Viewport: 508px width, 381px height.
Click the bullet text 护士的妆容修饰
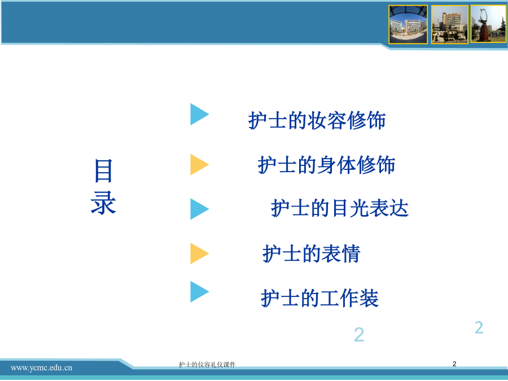click(x=317, y=121)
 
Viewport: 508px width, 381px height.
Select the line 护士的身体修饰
click(x=326, y=165)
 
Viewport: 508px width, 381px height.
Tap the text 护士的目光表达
click(x=340, y=208)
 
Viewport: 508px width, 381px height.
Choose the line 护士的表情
click(x=312, y=253)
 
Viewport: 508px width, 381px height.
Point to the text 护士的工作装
click(x=320, y=298)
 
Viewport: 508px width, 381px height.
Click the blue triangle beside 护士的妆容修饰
click(x=199, y=115)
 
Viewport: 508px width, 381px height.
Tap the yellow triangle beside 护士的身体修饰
click(x=199, y=165)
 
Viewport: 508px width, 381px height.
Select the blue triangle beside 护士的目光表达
click(x=199, y=209)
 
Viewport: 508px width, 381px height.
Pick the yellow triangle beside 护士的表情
click(x=199, y=253)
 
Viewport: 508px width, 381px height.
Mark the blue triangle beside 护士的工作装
click(x=199, y=292)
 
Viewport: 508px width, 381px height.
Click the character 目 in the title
click(x=103, y=170)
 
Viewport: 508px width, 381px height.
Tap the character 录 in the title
click(x=103, y=203)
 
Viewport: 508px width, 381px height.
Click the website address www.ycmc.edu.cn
click(x=41, y=367)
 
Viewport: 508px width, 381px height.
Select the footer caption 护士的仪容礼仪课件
click(x=207, y=365)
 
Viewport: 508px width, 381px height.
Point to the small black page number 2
click(x=454, y=364)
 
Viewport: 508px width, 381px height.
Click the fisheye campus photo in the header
click(x=408, y=24)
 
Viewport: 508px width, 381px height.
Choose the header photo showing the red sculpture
click(x=489, y=24)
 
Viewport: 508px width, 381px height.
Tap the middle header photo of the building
click(x=450, y=24)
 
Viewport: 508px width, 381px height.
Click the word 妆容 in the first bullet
click(x=327, y=121)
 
